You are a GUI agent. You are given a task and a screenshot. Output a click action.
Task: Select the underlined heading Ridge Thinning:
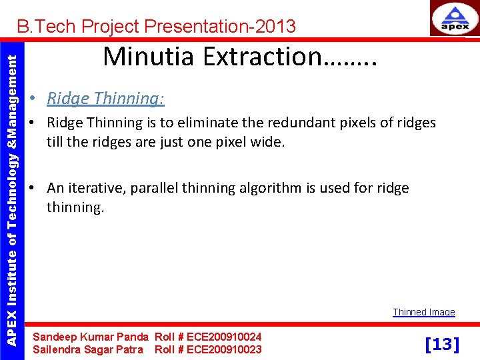pyautogui.click(x=105, y=99)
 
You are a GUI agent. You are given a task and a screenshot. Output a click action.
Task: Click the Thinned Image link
pyautogui.click(x=423, y=312)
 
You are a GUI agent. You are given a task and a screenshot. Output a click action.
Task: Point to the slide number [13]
pyautogui.click(x=442, y=344)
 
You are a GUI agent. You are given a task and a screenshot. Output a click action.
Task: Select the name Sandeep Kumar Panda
pyautogui.click(x=91, y=337)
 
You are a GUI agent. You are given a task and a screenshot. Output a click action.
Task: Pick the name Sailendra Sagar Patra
pyautogui.click(x=88, y=349)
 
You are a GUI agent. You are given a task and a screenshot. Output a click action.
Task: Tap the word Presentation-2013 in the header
pyautogui.click(x=219, y=27)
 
